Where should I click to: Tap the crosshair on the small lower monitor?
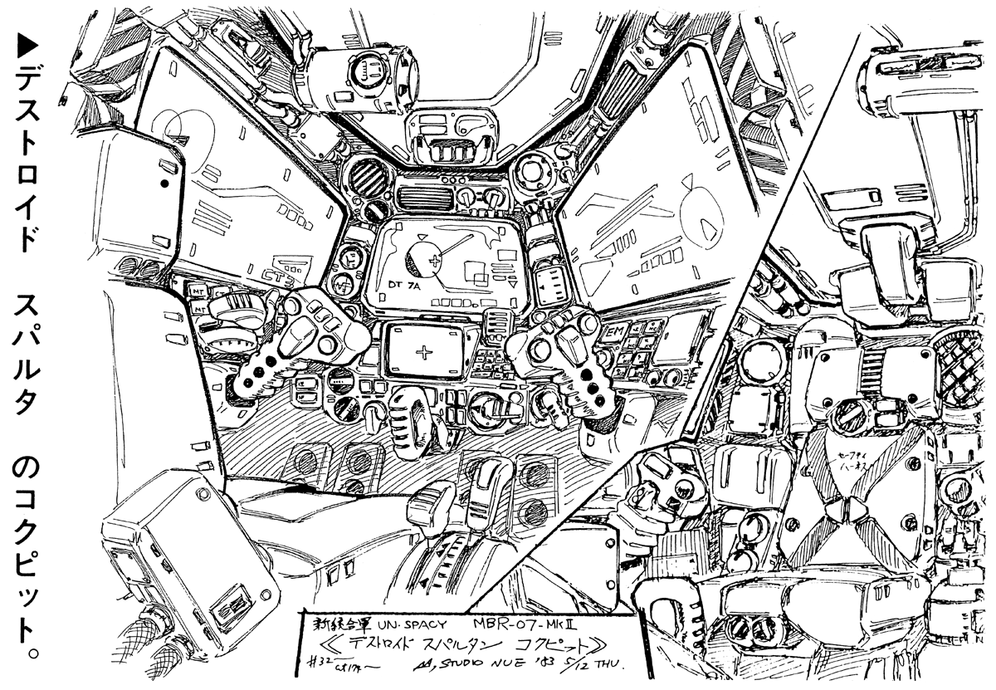pos(426,352)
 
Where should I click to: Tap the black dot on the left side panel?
pos(165,182)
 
